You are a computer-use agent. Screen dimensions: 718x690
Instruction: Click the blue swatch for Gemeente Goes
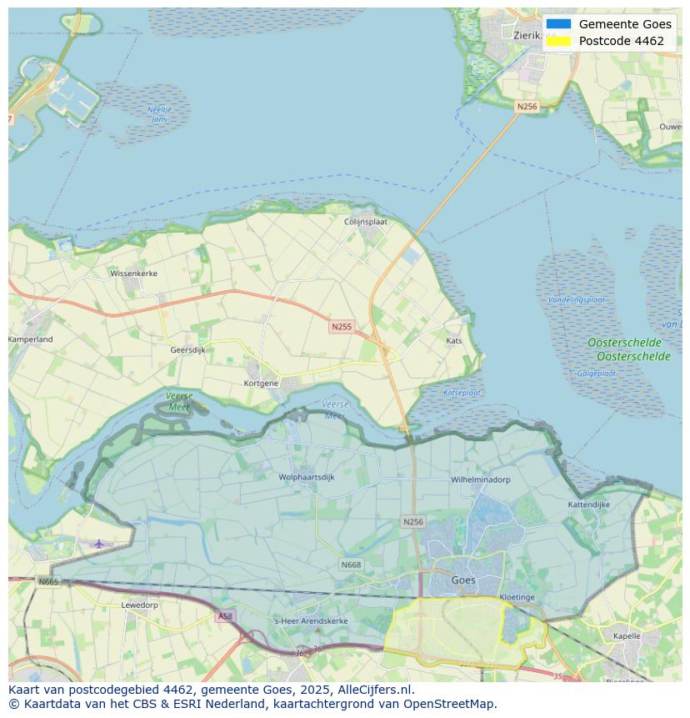coord(559,24)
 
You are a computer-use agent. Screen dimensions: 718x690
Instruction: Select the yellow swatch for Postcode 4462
coord(559,41)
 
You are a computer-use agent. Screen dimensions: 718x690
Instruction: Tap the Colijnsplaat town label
coord(365,222)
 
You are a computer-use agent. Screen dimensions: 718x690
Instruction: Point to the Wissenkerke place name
coord(133,273)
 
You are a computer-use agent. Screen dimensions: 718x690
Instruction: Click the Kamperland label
coord(31,339)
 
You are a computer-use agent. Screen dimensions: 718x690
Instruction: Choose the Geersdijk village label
coord(187,350)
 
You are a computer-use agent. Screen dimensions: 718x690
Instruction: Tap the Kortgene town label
coord(261,384)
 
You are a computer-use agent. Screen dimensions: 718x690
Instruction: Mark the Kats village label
coord(454,340)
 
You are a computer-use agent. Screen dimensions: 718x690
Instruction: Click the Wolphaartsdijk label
coord(307,478)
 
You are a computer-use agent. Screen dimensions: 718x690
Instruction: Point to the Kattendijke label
coord(589,505)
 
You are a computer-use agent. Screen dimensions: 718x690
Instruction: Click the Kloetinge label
coord(517,598)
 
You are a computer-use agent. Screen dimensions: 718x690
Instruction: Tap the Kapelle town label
coord(626,636)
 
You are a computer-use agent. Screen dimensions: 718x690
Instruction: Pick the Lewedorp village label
coord(139,605)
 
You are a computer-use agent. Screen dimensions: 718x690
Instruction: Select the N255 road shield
coord(341,327)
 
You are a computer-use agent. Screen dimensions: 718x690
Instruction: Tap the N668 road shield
coord(351,565)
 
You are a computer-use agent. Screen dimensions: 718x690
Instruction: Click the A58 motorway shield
coord(225,616)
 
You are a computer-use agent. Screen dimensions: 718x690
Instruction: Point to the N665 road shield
coord(48,581)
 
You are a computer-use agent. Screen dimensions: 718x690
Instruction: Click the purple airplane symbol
coord(99,544)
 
